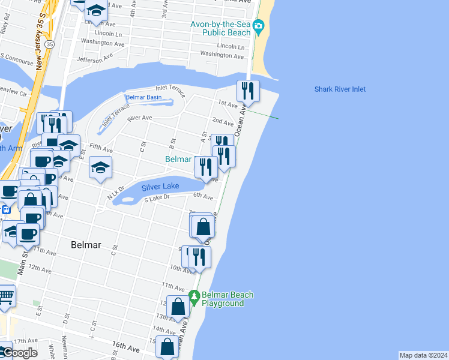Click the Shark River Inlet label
click(x=340, y=89)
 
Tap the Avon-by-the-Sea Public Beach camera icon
click(x=259, y=25)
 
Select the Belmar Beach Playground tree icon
click(x=194, y=295)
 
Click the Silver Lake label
click(x=160, y=187)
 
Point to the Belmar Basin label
click(x=143, y=97)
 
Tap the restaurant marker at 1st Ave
click(x=248, y=91)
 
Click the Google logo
click(x=19, y=353)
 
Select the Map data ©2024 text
click(x=423, y=355)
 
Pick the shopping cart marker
click(x=5, y=295)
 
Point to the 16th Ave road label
click(x=126, y=348)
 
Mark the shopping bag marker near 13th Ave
click(x=178, y=306)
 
